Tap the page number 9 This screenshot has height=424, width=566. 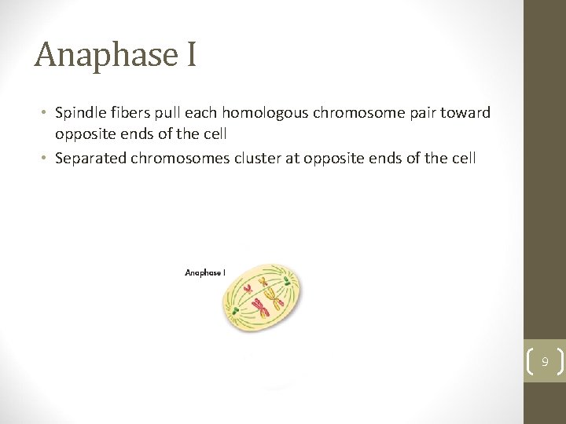point(544,362)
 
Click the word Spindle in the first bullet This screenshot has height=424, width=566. point(79,112)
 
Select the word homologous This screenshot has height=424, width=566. point(267,112)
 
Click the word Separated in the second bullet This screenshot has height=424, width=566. point(90,158)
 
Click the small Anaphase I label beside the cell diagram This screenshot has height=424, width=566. point(205,272)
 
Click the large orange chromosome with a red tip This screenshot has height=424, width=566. point(274,296)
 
